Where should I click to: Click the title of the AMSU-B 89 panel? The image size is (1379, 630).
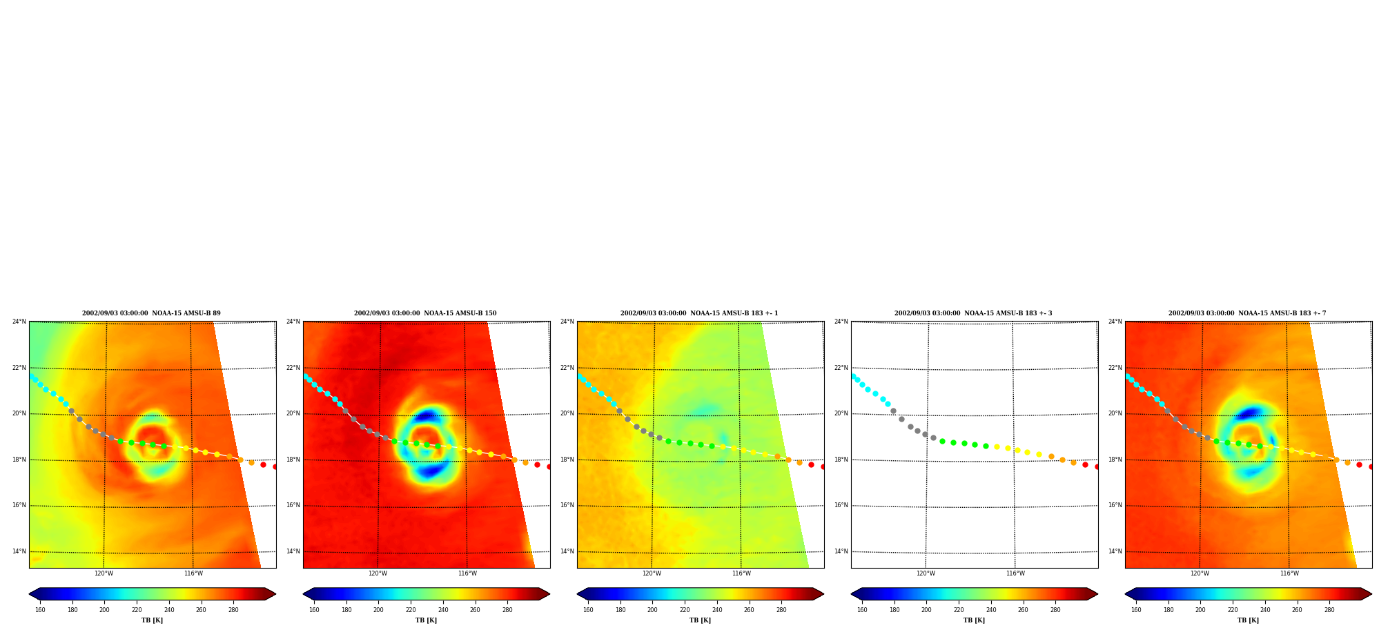(152, 313)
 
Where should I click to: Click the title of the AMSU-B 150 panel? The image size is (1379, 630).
(425, 313)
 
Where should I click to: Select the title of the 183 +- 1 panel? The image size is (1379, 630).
(699, 313)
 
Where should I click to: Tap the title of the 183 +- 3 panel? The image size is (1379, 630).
(973, 313)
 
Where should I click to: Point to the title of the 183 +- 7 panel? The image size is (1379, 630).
(1247, 313)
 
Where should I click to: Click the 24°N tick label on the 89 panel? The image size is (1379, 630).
(19, 322)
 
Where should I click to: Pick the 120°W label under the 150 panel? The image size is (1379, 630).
(378, 573)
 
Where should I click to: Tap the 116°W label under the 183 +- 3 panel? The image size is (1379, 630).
(1015, 573)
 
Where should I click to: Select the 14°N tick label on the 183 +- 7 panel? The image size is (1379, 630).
(1115, 551)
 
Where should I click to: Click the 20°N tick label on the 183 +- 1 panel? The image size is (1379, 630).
(567, 413)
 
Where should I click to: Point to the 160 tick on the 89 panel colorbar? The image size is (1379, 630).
(40, 610)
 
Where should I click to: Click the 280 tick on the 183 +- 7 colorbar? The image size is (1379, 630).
(1329, 610)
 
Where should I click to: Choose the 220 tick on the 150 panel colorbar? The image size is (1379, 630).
(411, 610)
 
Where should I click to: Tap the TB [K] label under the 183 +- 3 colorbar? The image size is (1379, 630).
(974, 620)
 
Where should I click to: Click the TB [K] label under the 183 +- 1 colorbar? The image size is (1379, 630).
(700, 620)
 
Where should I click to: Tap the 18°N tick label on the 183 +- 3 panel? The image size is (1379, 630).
(841, 460)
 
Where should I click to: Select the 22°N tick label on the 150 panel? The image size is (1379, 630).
(293, 368)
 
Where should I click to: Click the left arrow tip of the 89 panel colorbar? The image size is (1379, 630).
(29, 594)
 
